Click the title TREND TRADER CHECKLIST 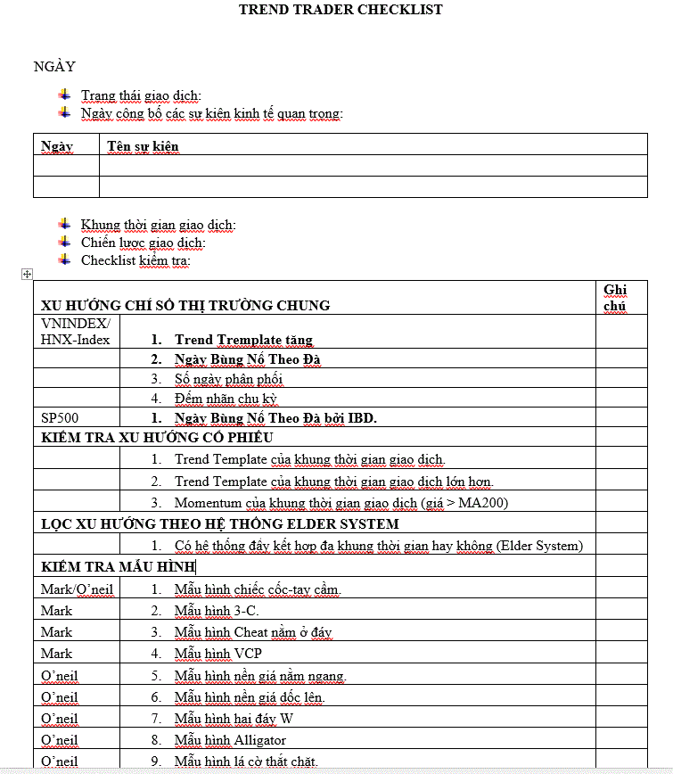pyautogui.click(x=341, y=10)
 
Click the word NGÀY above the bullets pyautogui.click(x=54, y=66)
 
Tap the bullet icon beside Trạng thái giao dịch pyautogui.click(x=63, y=95)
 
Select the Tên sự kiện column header pyautogui.click(x=143, y=145)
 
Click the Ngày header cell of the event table pyautogui.click(x=57, y=145)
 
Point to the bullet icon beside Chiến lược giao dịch pyautogui.click(x=63, y=242)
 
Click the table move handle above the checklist pyautogui.click(x=27, y=275)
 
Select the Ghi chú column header pyautogui.click(x=615, y=298)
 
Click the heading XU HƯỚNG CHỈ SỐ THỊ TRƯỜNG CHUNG pyautogui.click(x=185, y=305)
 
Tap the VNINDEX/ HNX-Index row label pyautogui.click(x=76, y=331)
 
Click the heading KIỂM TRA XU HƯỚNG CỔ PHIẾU pyautogui.click(x=157, y=438)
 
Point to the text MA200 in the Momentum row pyautogui.click(x=483, y=503)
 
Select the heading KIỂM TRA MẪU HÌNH pyautogui.click(x=118, y=567)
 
